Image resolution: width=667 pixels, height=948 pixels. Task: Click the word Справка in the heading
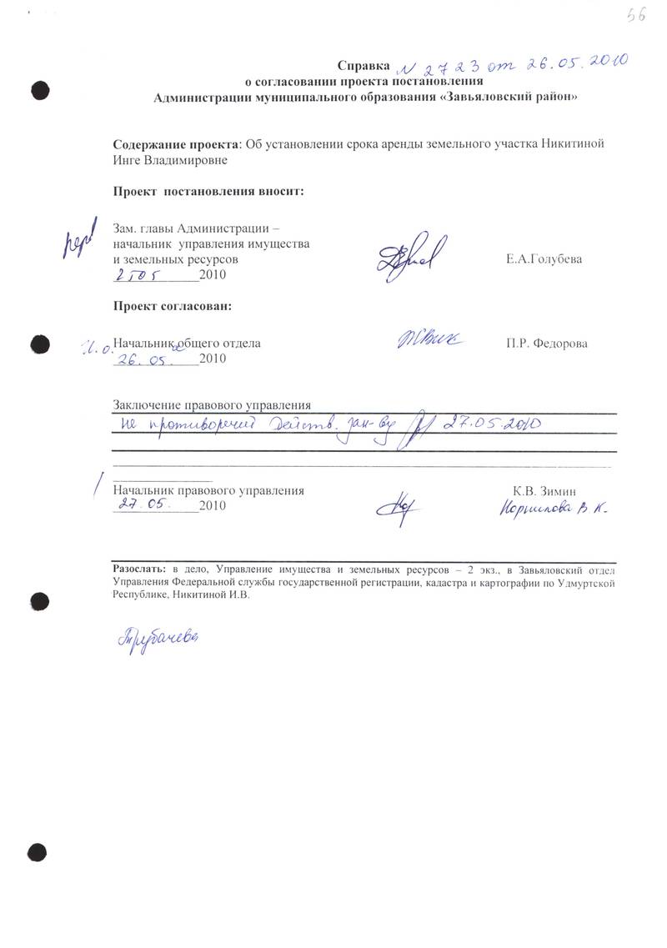[363, 66]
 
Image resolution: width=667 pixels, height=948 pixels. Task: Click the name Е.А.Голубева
[544, 259]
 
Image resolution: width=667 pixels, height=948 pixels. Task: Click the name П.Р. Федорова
[546, 344]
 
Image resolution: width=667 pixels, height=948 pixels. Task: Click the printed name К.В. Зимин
[545, 491]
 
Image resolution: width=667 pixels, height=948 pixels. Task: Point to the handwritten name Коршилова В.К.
[553, 510]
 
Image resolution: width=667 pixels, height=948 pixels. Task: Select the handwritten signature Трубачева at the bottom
[159, 637]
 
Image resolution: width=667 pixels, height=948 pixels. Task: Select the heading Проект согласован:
[173, 306]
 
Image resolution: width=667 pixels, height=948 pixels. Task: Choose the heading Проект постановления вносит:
[209, 192]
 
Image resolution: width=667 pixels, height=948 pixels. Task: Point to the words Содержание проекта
[176, 143]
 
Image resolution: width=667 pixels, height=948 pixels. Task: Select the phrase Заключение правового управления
[212, 405]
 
